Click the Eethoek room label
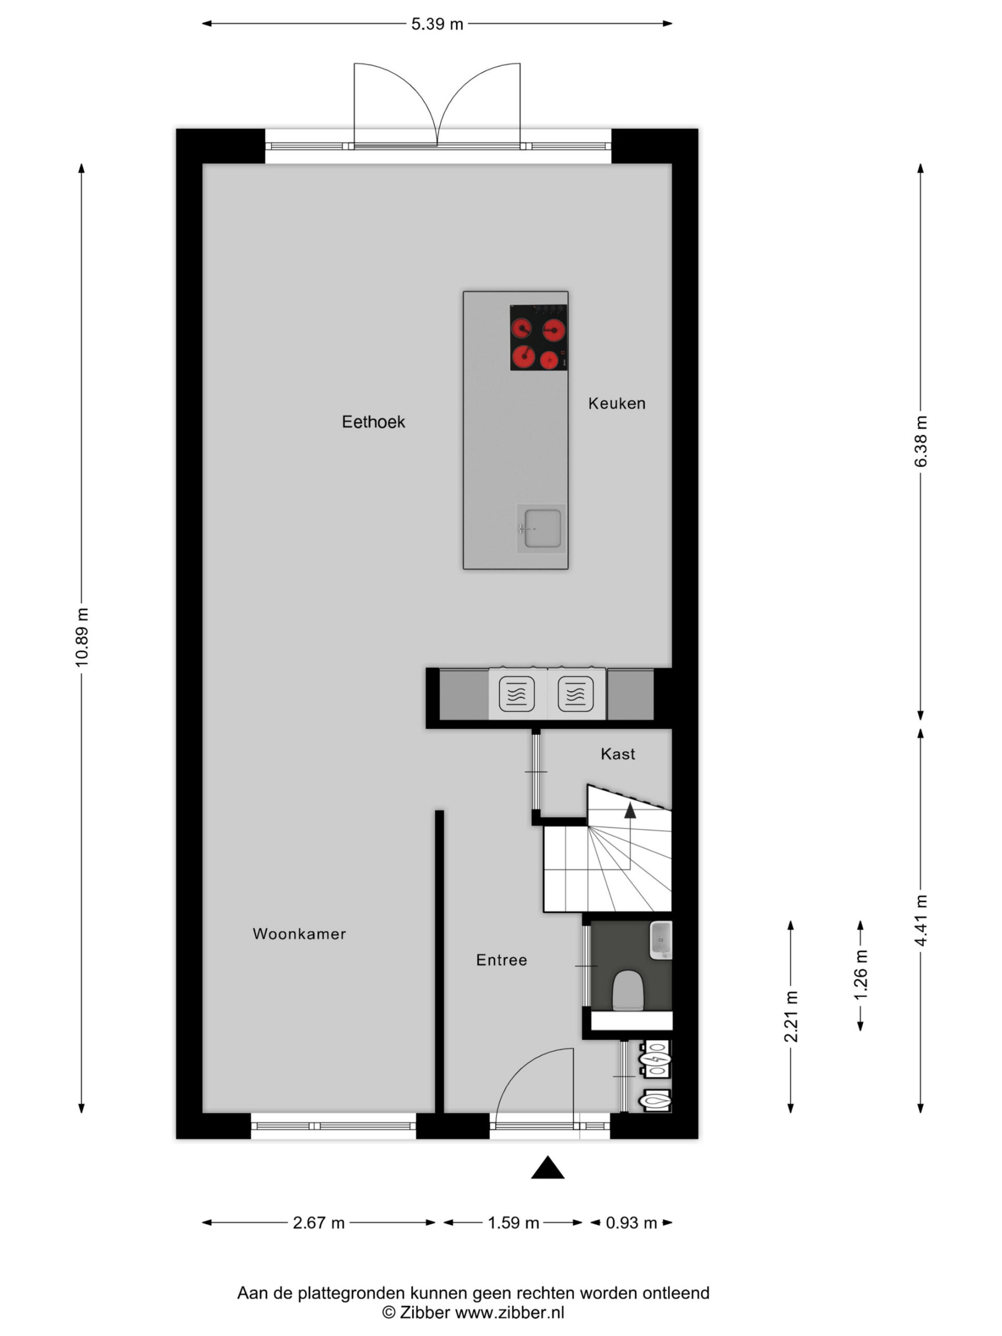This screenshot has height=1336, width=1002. (373, 422)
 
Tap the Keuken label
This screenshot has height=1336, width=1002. (617, 403)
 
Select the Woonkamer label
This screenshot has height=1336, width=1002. (299, 934)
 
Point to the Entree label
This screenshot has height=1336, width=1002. (502, 960)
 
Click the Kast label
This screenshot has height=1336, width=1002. (618, 754)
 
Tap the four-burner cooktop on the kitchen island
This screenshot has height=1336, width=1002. (538, 337)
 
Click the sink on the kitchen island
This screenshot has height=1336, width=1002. (541, 529)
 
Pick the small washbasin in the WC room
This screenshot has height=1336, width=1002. (660, 940)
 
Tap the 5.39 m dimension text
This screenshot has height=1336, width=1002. (437, 24)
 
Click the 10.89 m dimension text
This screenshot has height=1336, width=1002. (81, 637)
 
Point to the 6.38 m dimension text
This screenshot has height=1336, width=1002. (921, 441)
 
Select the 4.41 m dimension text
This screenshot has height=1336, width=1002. (921, 921)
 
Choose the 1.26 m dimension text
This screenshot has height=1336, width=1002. (860, 975)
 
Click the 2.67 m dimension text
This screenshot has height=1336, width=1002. (318, 1223)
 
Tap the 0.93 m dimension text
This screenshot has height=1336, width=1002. (631, 1223)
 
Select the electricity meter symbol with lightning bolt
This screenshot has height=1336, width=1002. (653, 1059)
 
